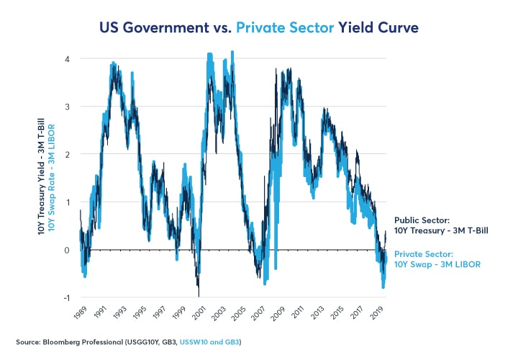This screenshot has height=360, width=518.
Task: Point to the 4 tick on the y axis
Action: click(66, 58)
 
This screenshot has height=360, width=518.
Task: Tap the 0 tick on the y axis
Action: click(66, 250)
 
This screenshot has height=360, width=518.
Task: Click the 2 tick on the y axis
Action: click(66, 154)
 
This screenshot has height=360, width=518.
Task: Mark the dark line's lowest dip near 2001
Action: click(199, 294)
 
